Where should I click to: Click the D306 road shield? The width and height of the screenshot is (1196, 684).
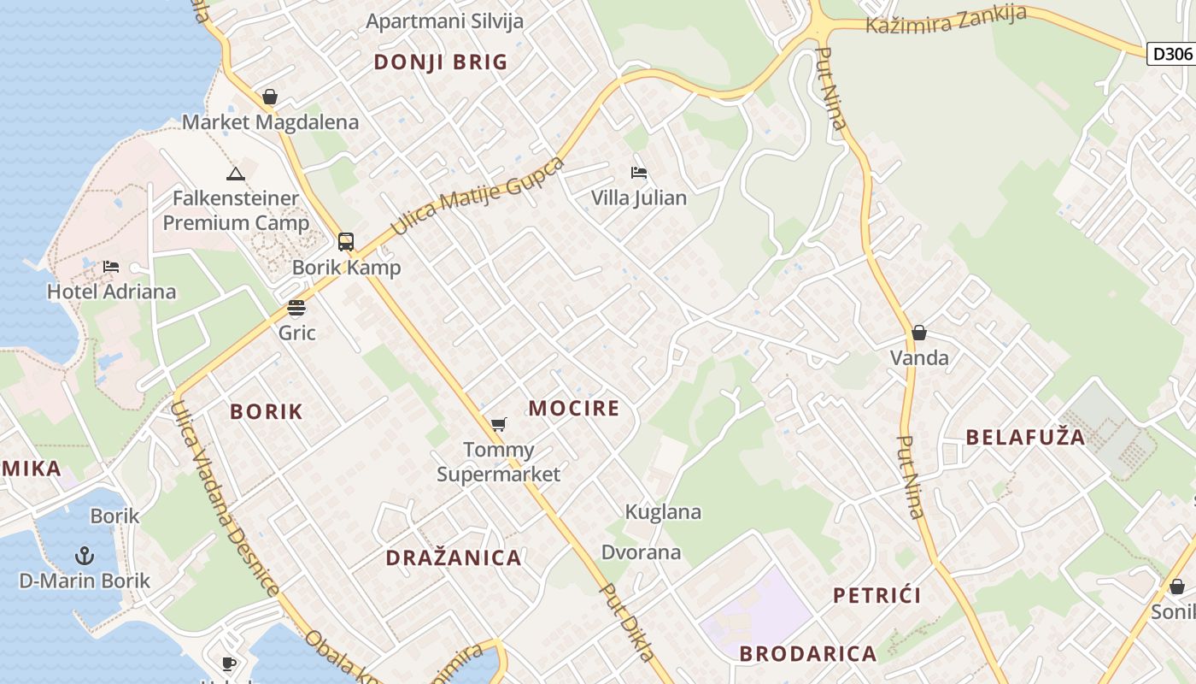click(1172, 54)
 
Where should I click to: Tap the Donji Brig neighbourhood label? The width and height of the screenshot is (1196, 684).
click(441, 62)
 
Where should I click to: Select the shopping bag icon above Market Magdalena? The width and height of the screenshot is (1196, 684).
click(270, 97)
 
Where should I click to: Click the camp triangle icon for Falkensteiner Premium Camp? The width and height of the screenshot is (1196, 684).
click(236, 174)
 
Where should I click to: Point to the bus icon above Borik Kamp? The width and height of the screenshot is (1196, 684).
click(345, 242)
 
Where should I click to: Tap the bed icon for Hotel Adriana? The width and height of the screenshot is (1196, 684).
click(111, 267)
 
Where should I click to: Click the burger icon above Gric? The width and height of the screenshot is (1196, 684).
click(296, 308)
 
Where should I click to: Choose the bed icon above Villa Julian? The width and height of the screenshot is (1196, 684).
click(638, 173)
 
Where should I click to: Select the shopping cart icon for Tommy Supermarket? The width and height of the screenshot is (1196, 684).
click(499, 424)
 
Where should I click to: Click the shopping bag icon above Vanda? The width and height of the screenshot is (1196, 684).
click(919, 333)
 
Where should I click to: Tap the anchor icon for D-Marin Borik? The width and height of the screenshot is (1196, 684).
click(84, 557)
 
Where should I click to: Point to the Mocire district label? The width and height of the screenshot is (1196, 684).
click(574, 409)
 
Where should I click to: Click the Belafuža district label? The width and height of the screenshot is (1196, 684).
click(1025, 438)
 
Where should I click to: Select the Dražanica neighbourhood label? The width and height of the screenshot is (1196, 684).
click(453, 558)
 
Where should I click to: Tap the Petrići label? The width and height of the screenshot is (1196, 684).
click(876, 596)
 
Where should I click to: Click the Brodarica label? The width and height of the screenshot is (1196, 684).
click(807, 654)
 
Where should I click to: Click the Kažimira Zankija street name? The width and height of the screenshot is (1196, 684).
click(946, 20)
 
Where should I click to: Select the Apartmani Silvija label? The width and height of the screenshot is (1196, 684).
click(444, 21)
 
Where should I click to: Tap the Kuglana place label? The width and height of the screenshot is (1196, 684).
click(663, 512)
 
